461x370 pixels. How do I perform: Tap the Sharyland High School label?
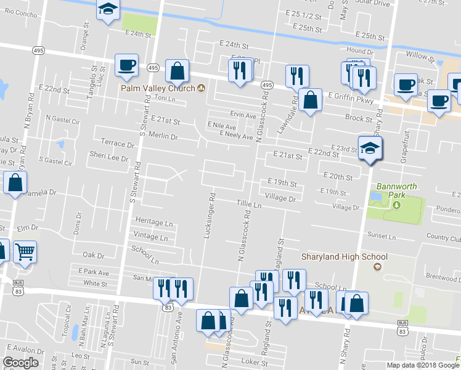coord(344,257)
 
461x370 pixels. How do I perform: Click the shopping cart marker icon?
coord(25,250)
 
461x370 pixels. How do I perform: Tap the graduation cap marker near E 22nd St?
coord(370,148)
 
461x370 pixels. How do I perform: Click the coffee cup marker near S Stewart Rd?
coord(127,65)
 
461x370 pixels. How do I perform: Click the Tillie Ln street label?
coord(249,203)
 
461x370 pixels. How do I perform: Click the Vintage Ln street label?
coord(150,237)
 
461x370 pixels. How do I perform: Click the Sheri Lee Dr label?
coord(108,158)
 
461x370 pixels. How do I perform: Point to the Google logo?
coord(20,363)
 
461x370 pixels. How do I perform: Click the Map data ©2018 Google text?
coord(422,365)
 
